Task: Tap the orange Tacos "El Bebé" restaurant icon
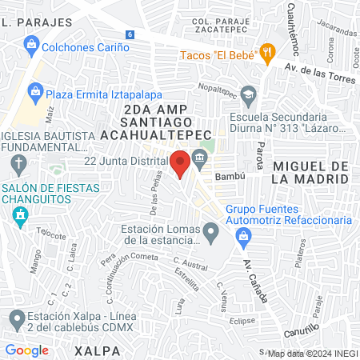click(x=268, y=54)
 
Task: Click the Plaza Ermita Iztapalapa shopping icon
click(x=35, y=92)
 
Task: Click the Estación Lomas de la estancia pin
click(x=210, y=234)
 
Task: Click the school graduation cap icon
click(x=249, y=95)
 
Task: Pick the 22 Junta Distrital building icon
click(x=198, y=160)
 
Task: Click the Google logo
click(x=27, y=350)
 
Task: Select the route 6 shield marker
click(x=129, y=34)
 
